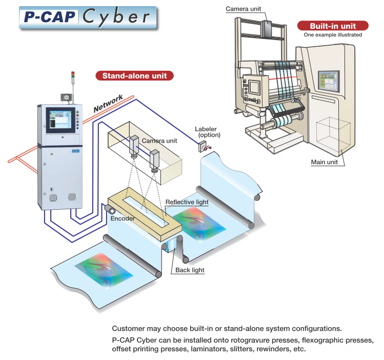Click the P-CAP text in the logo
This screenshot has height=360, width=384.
pos(49,17)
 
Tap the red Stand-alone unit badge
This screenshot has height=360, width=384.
pos(134,76)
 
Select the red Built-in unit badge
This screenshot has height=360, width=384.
pos(332,26)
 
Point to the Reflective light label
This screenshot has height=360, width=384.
pos(187,202)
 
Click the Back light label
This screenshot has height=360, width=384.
pos(190,270)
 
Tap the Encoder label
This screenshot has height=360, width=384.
pos(123,218)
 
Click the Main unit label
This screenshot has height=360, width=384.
pos(327,163)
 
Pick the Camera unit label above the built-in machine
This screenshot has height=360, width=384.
pos(244,9)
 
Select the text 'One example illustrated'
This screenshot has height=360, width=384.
pos(332,35)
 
